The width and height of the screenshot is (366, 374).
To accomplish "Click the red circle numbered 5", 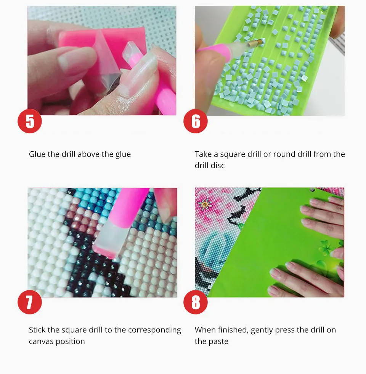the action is click(x=29, y=121).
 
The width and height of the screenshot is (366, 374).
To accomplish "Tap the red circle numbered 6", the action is click(x=195, y=121).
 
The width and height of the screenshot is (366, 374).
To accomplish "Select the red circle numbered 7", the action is click(x=29, y=302).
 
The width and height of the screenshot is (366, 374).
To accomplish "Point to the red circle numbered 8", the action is click(x=195, y=302).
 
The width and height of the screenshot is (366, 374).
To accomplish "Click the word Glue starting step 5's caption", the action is click(x=37, y=154).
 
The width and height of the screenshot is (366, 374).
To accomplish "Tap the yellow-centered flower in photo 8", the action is click(x=204, y=204).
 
